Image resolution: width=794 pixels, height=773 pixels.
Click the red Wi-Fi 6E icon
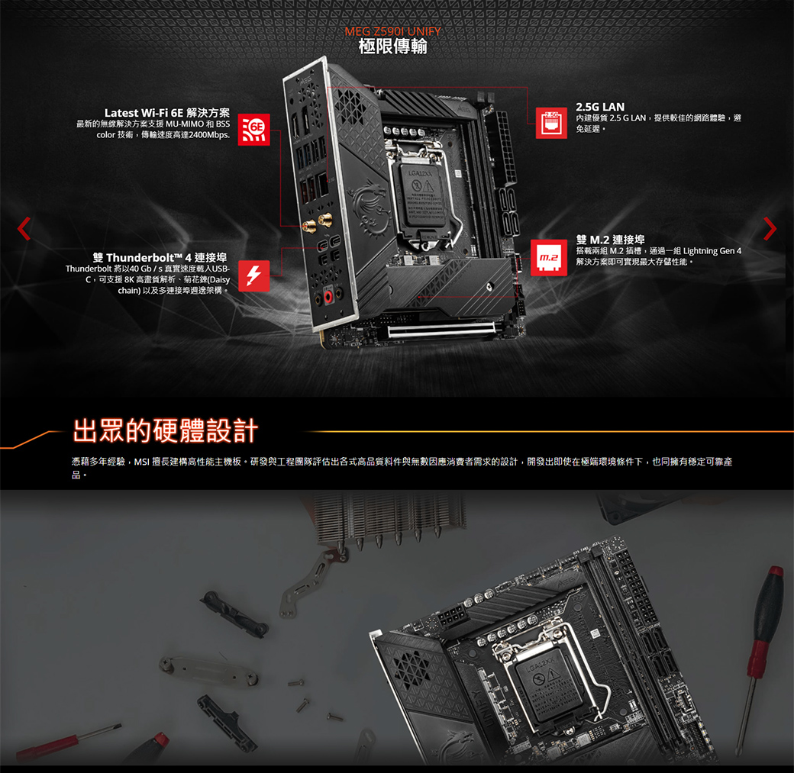click(x=253, y=130)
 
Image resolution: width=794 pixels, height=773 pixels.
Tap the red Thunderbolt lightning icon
click(x=253, y=276)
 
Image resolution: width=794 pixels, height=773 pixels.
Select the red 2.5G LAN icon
click(x=551, y=123)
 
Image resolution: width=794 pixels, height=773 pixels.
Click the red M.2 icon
click(x=548, y=258)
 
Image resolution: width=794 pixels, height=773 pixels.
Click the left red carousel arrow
click(x=24, y=228)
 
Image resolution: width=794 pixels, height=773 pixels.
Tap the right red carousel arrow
click(x=770, y=228)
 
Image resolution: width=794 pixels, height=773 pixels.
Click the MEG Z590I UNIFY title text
click(x=392, y=31)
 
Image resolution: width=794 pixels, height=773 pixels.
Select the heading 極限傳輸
click(x=392, y=47)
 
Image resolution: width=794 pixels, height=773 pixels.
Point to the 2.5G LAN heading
click(x=600, y=107)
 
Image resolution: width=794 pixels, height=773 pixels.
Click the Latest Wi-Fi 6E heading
click(x=167, y=112)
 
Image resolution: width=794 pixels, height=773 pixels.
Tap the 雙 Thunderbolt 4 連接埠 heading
click(x=160, y=258)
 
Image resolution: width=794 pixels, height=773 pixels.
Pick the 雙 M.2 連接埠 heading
click(x=610, y=240)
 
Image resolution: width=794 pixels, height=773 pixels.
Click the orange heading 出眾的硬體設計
click(x=166, y=431)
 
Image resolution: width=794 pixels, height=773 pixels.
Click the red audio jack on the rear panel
click(x=328, y=297)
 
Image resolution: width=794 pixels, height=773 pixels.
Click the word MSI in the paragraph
click(x=141, y=462)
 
